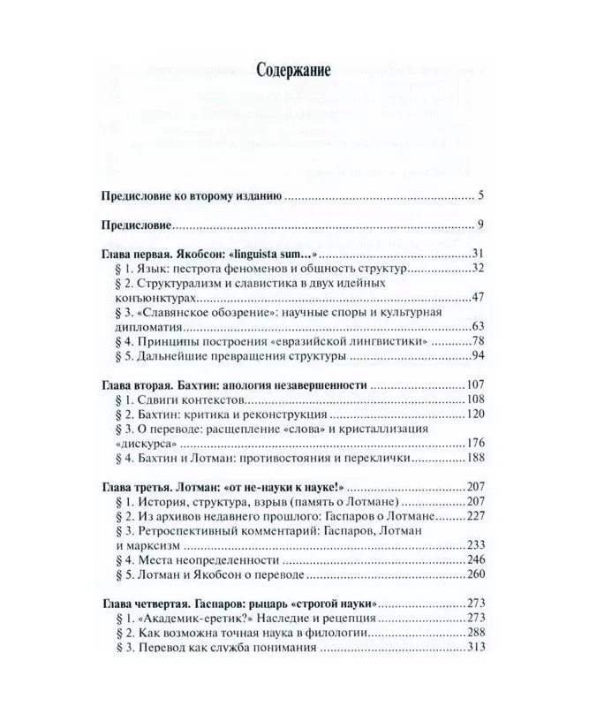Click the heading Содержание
[294, 72]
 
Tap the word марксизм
[152, 546]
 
